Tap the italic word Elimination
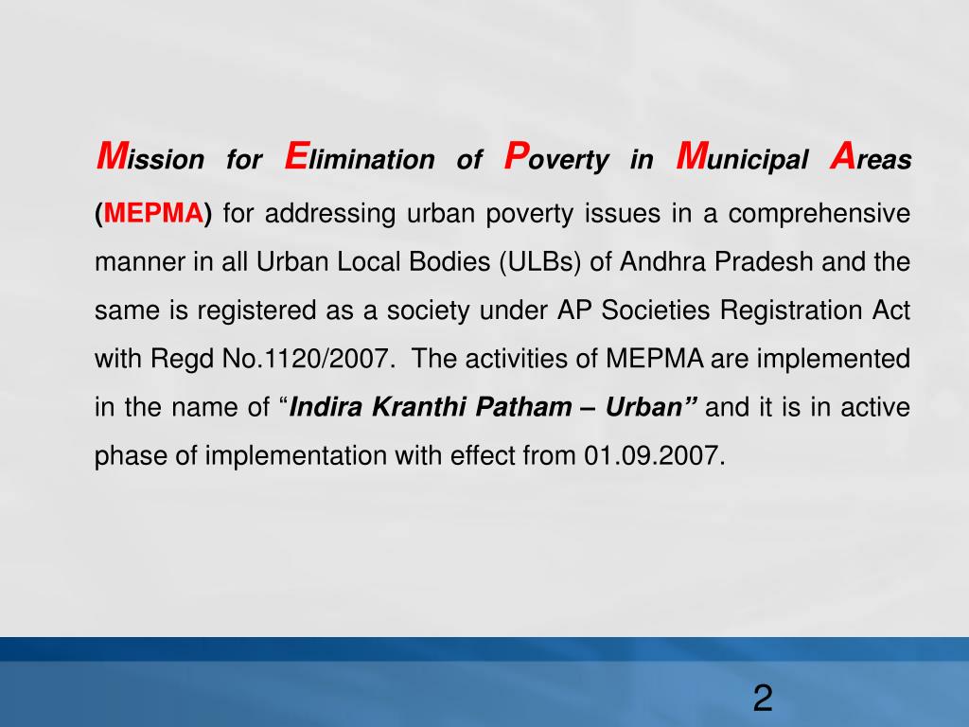pyautogui.click(x=359, y=158)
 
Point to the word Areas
pyautogui.click(x=870, y=158)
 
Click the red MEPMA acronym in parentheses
pyautogui.click(x=154, y=213)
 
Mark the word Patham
pyautogui.click(x=518, y=408)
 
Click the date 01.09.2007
pyautogui.click(x=654, y=456)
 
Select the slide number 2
pyautogui.click(x=763, y=700)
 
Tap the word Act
pyautogui.click(x=890, y=310)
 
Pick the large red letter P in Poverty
pyautogui.click(x=516, y=154)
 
